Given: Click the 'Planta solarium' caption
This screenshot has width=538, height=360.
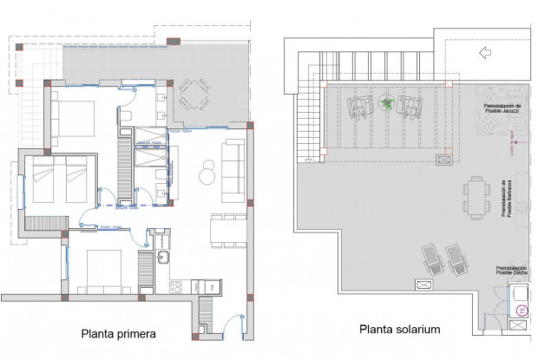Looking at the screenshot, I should pyautogui.click(x=400, y=330).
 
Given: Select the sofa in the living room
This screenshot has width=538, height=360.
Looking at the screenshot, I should pyautogui.click(x=233, y=168).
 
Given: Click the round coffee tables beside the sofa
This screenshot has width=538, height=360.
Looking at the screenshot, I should pyautogui.click(x=207, y=173).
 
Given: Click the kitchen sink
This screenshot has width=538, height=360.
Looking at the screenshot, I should pyautogui.click(x=163, y=258).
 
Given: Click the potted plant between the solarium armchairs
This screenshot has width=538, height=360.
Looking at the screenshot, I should pyautogui.click(x=386, y=105).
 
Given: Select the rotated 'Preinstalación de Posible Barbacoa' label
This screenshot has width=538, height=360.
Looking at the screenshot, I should pyautogui.click(x=504, y=200).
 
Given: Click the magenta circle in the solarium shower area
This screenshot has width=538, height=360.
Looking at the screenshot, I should pyautogui.click(x=521, y=309).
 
